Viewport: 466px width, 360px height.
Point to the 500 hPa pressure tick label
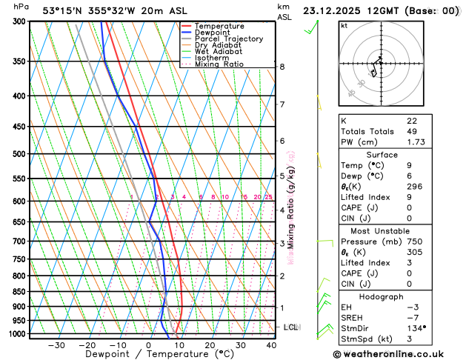point(14,154)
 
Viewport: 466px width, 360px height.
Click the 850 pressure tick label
point(14,292)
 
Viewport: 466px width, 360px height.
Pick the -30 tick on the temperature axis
point(56,345)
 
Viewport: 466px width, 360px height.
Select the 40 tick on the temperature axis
point(271,345)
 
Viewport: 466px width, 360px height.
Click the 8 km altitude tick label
point(282,67)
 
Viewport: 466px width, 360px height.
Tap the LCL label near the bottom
point(290,327)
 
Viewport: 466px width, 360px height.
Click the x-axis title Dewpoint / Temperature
point(149,355)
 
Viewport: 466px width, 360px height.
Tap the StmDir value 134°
point(416,327)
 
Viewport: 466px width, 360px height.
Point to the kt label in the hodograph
point(344,26)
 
